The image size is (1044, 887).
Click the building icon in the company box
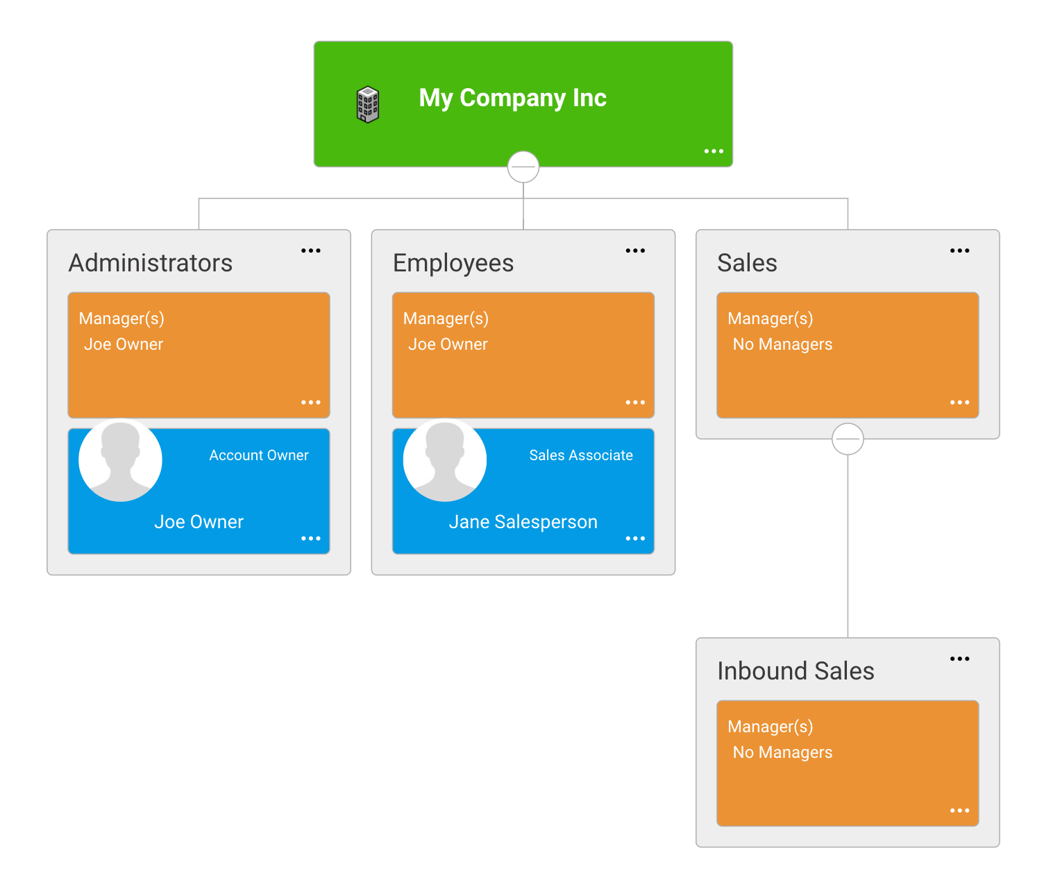pyautogui.click(x=367, y=105)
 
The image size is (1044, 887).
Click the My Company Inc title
pyautogui.click(x=512, y=99)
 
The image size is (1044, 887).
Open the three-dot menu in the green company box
pyautogui.click(x=713, y=151)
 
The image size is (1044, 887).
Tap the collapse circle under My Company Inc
pyautogui.click(x=523, y=167)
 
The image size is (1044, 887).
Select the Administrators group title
pyautogui.click(x=151, y=263)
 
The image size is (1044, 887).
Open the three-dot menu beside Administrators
pyautogui.click(x=310, y=251)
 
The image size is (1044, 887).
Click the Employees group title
pyautogui.click(x=453, y=263)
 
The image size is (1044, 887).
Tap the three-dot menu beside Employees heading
pyautogui.click(x=635, y=251)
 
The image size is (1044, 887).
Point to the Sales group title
pyautogui.click(x=747, y=263)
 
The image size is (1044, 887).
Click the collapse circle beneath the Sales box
pyautogui.click(x=847, y=439)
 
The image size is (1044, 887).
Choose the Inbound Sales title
pyautogui.click(x=795, y=671)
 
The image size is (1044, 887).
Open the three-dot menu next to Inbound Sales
pyautogui.click(x=959, y=659)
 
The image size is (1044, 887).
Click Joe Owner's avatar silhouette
pyautogui.click(x=120, y=460)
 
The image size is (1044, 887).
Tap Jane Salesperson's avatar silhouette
pyautogui.click(x=444, y=460)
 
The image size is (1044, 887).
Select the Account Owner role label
pyautogui.click(x=259, y=455)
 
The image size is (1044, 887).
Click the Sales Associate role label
pyautogui.click(x=581, y=455)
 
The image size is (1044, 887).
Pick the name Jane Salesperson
pyautogui.click(x=523, y=523)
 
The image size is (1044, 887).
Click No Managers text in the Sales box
pyautogui.click(x=782, y=344)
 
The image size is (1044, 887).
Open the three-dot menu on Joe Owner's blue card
pyautogui.click(x=310, y=539)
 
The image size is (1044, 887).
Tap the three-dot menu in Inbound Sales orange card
pyautogui.click(x=959, y=811)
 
